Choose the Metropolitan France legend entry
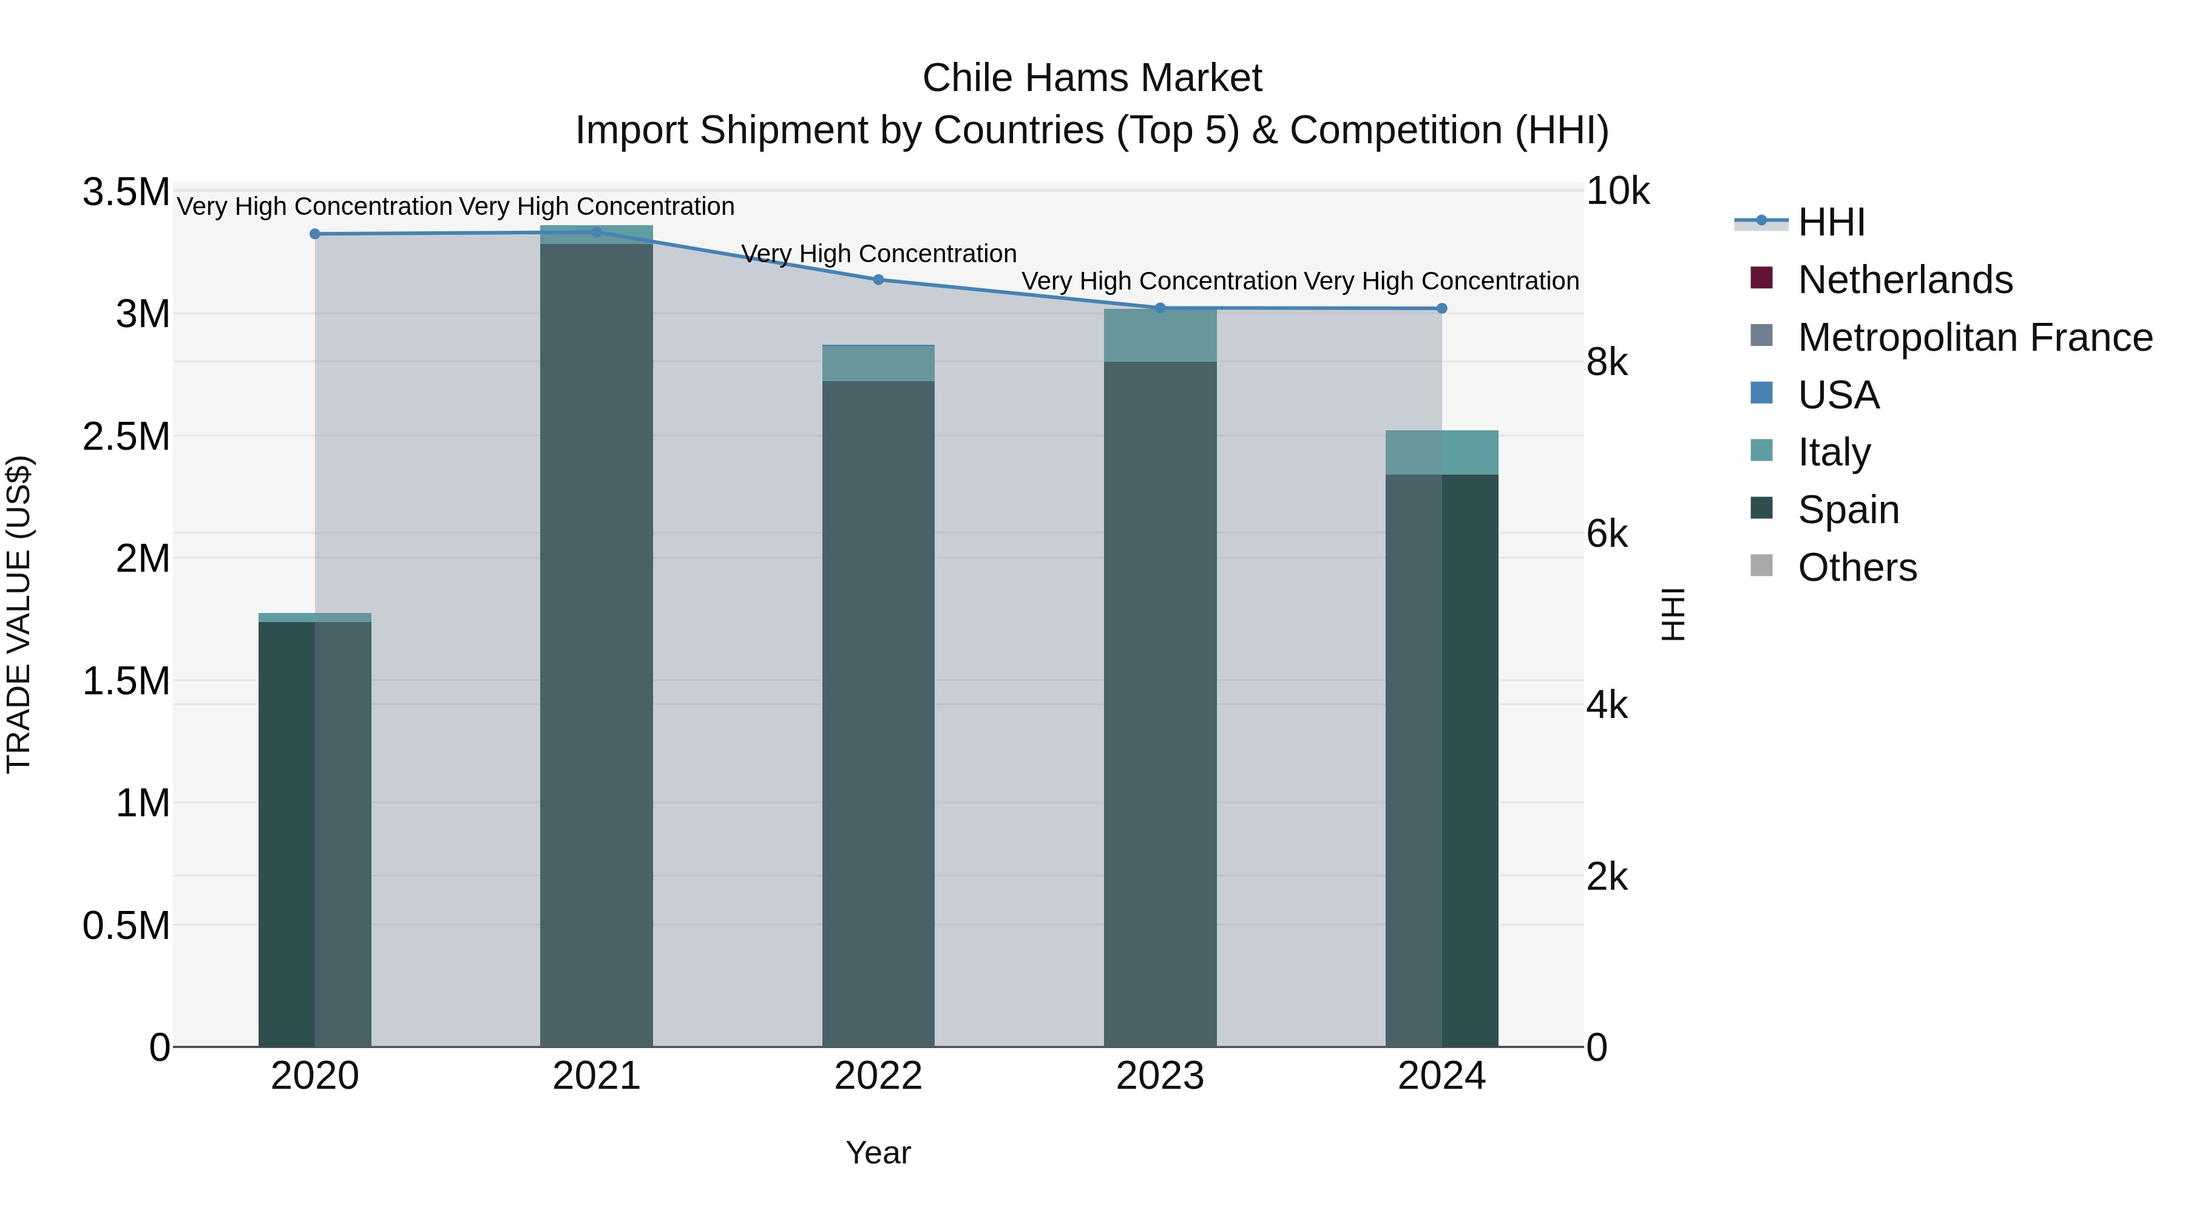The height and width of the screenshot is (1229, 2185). [1974, 337]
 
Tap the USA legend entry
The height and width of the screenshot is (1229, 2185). [1838, 395]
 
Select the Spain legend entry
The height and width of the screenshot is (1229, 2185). [1848, 510]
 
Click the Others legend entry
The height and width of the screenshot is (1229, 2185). [1857, 567]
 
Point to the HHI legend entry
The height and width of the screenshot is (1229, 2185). [1831, 222]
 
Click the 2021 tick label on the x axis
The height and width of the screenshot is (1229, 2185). [596, 1076]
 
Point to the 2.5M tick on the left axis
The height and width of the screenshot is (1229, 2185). [126, 437]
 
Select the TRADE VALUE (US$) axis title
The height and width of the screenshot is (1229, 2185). [19, 614]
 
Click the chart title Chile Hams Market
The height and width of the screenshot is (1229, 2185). [1092, 78]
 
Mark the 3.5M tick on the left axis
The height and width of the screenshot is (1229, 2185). [126, 192]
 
